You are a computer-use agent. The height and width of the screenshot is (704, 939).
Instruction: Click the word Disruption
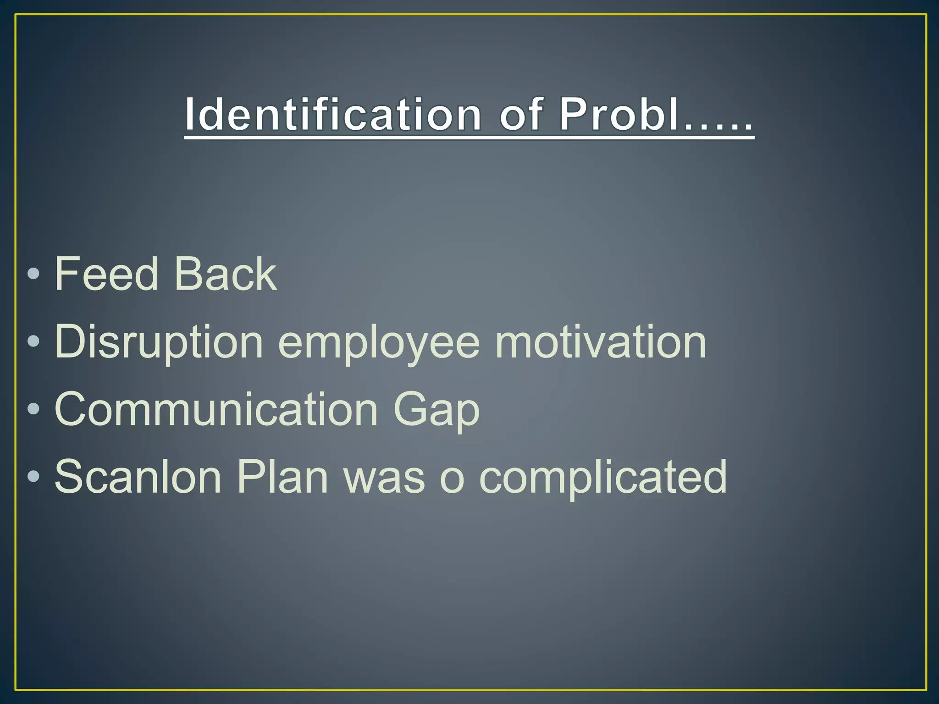[x=159, y=342]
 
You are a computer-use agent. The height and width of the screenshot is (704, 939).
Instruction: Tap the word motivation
[x=601, y=342]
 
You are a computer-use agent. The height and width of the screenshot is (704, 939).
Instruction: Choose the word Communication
[x=215, y=409]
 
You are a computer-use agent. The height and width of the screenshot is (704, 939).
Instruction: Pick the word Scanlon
[x=138, y=477]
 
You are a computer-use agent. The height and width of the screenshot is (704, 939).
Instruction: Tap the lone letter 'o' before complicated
[x=452, y=480]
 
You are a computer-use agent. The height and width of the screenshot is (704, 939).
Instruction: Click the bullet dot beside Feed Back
[x=33, y=274]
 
